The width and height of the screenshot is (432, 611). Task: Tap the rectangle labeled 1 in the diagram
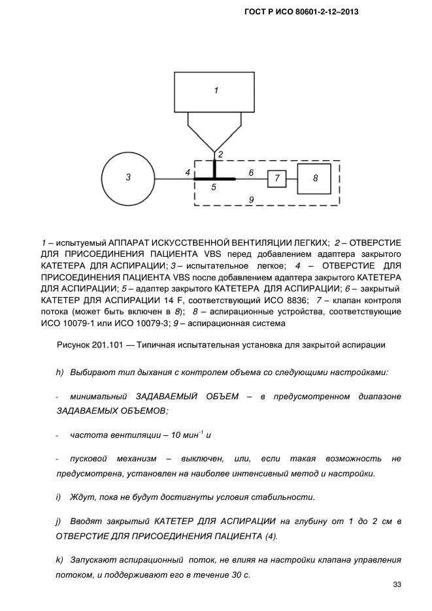(x=216, y=92)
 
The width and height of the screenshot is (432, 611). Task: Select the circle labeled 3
(x=129, y=177)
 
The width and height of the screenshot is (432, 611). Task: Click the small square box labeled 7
(x=276, y=177)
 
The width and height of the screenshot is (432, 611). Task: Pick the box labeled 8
(x=314, y=177)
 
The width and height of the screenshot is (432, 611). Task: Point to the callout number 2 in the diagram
(x=221, y=154)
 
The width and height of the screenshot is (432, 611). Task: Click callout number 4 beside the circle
(x=187, y=173)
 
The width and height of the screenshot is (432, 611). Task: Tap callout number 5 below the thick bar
(x=212, y=187)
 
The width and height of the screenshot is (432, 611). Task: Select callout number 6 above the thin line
(x=251, y=173)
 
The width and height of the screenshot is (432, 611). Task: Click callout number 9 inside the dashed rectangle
(x=251, y=197)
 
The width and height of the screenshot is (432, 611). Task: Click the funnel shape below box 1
(x=215, y=130)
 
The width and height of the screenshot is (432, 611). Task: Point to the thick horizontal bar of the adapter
(x=214, y=178)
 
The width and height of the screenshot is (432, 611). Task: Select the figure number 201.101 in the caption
(x=110, y=344)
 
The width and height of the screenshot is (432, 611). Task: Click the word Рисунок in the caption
(x=72, y=344)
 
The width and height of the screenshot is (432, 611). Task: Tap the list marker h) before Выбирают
(x=59, y=372)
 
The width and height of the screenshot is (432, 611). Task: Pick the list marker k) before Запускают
(x=59, y=561)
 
